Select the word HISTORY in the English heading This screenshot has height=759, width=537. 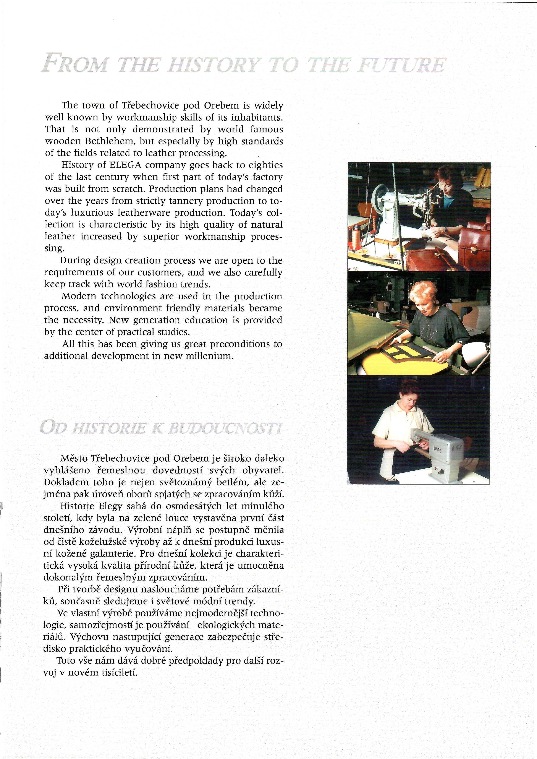point(213,65)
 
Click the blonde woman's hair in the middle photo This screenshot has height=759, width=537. point(422,293)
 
